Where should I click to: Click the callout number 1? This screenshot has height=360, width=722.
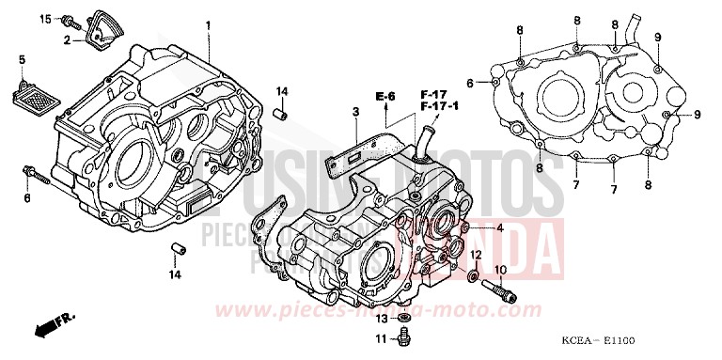pos(209,23)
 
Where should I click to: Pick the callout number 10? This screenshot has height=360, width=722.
pos(499,270)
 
